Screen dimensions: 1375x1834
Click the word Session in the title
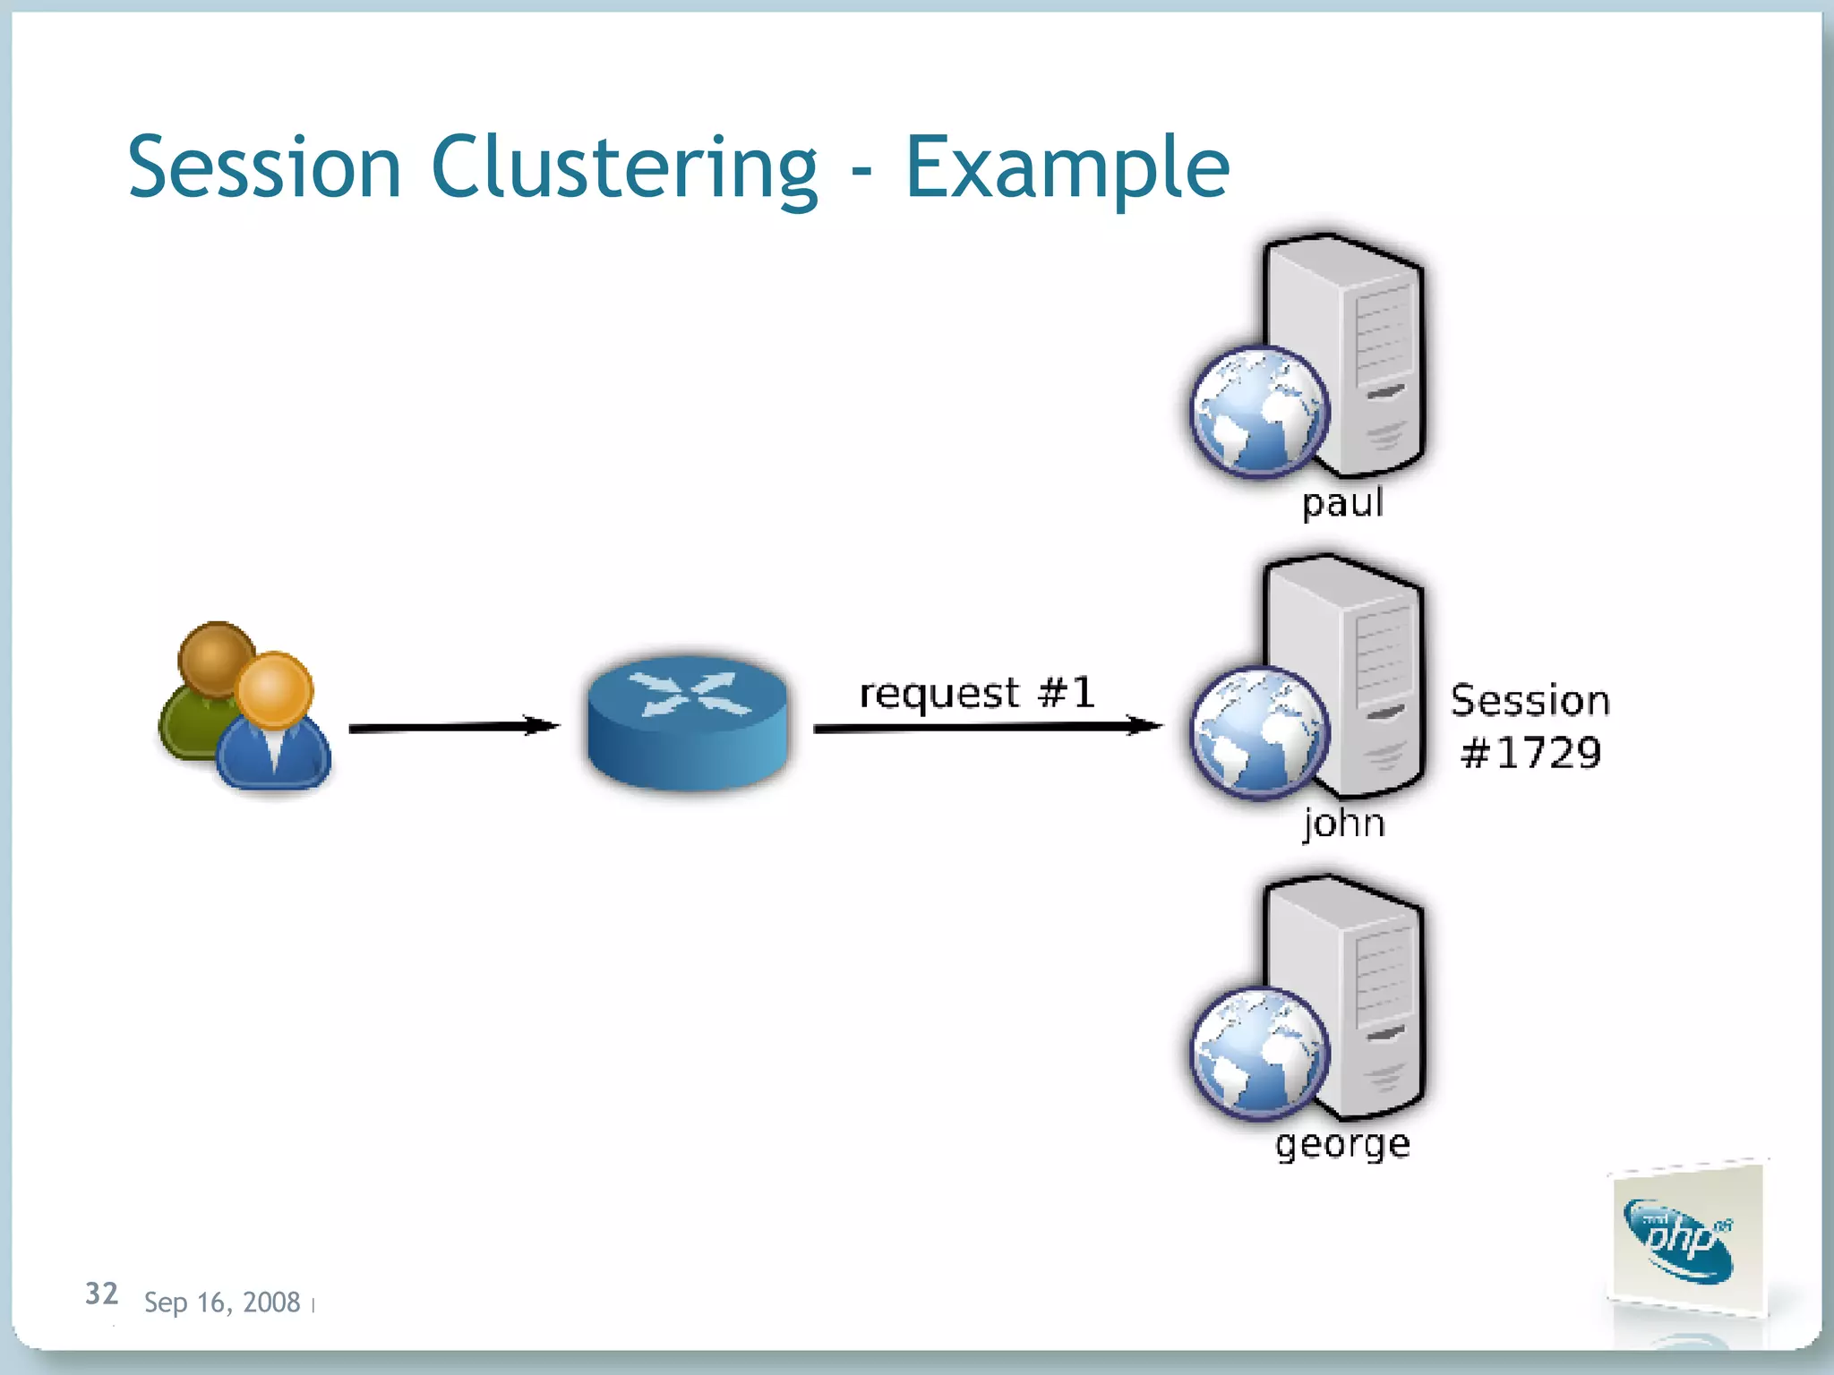click(x=264, y=167)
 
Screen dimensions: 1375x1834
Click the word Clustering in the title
click(x=624, y=167)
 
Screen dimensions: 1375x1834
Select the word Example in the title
click(x=1067, y=167)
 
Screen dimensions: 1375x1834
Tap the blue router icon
click(x=688, y=722)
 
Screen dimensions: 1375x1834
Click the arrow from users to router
click(x=453, y=727)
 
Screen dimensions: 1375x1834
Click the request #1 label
click(x=976, y=693)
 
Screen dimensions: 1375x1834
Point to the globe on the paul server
click(x=1259, y=411)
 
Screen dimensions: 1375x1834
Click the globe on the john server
click(x=1259, y=731)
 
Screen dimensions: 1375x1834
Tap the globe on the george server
click(x=1259, y=1053)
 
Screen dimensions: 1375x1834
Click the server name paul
click(x=1342, y=503)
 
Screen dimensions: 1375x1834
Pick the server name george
click(x=1342, y=1143)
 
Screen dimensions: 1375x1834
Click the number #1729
click(x=1530, y=753)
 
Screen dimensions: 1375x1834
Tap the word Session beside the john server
click(x=1530, y=700)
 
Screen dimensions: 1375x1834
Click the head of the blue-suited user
click(x=275, y=689)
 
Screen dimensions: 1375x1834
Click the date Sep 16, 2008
click(x=221, y=1302)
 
